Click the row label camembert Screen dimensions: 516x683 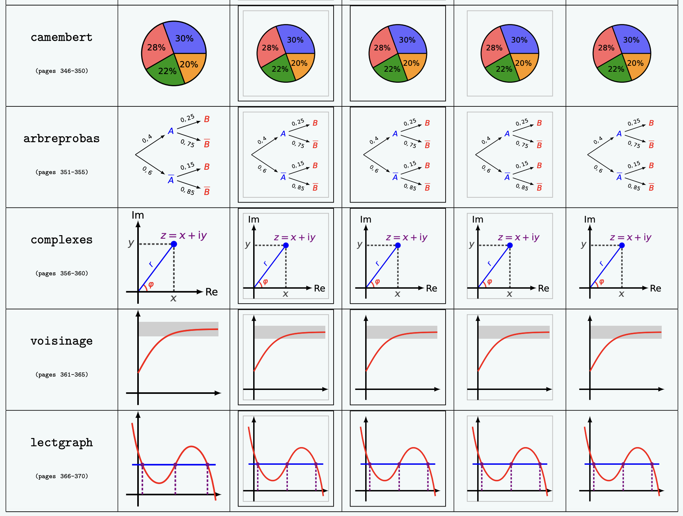[x=62, y=37]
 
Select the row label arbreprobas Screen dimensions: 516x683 [x=62, y=139]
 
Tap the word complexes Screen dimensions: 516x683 [x=62, y=240]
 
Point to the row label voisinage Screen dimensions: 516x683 [x=62, y=341]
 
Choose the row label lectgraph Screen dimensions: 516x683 [x=62, y=443]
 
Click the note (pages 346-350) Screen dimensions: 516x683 [x=62, y=71]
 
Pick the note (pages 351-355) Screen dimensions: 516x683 [x=62, y=172]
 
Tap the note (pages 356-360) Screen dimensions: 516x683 [x=62, y=273]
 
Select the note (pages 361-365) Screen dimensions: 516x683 [x=62, y=375]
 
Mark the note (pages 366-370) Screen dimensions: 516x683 [x=62, y=476]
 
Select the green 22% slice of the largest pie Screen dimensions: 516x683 [x=166, y=71]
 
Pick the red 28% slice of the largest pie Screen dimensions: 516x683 [x=156, y=48]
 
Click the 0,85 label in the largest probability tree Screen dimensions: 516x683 [x=187, y=191]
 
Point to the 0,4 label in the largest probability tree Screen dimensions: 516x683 [x=147, y=139]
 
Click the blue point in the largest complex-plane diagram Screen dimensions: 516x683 [x=174, y=244]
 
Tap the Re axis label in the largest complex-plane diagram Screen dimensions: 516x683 [x=211, y=292]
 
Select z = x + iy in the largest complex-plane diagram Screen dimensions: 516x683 [x=184, y=236]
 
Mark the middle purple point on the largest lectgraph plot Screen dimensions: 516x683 [x=175, y=465]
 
